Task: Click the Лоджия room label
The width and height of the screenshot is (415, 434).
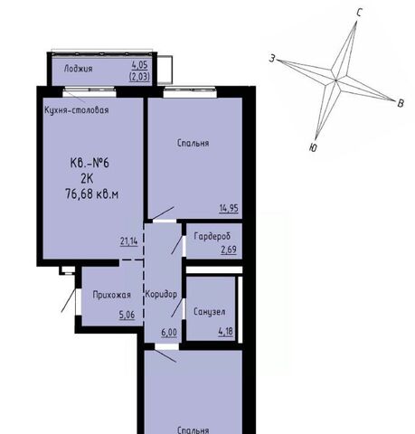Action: tap(78, 69)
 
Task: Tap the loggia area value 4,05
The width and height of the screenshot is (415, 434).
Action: tap(139, 65)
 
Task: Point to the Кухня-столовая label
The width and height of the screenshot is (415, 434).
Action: tap(77, 110)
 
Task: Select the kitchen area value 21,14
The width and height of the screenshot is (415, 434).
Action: tap(128, 241)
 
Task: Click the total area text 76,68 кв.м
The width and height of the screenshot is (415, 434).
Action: tap(92, 194)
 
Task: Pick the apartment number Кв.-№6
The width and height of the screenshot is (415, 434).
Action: tap(90, 163)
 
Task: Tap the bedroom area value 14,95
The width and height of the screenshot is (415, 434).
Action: tap(229, 208)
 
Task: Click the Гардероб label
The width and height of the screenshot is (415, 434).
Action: tap(212, 236)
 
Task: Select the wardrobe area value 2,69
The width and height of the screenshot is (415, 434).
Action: tap(229, 250)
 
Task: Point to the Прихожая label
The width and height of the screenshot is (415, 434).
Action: tap(112, 295)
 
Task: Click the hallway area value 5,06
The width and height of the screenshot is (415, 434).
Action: tap(127, 315)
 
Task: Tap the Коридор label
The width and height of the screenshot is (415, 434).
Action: tap(161, 294)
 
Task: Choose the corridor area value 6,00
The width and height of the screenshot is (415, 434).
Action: tap(169, 333)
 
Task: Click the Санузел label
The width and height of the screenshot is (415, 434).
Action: tap(210, 312)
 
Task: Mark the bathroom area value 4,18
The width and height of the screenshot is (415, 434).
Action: tap(226, 332)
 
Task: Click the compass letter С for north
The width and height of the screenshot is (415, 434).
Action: tap(359, 13)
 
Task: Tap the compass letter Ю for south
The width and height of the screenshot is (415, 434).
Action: tap(313, 147)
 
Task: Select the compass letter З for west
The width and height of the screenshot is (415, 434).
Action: tap(272, 59)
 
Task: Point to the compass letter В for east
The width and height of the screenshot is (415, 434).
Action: tap(401, 103)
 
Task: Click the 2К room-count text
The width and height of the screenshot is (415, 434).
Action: tap(87, 179)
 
